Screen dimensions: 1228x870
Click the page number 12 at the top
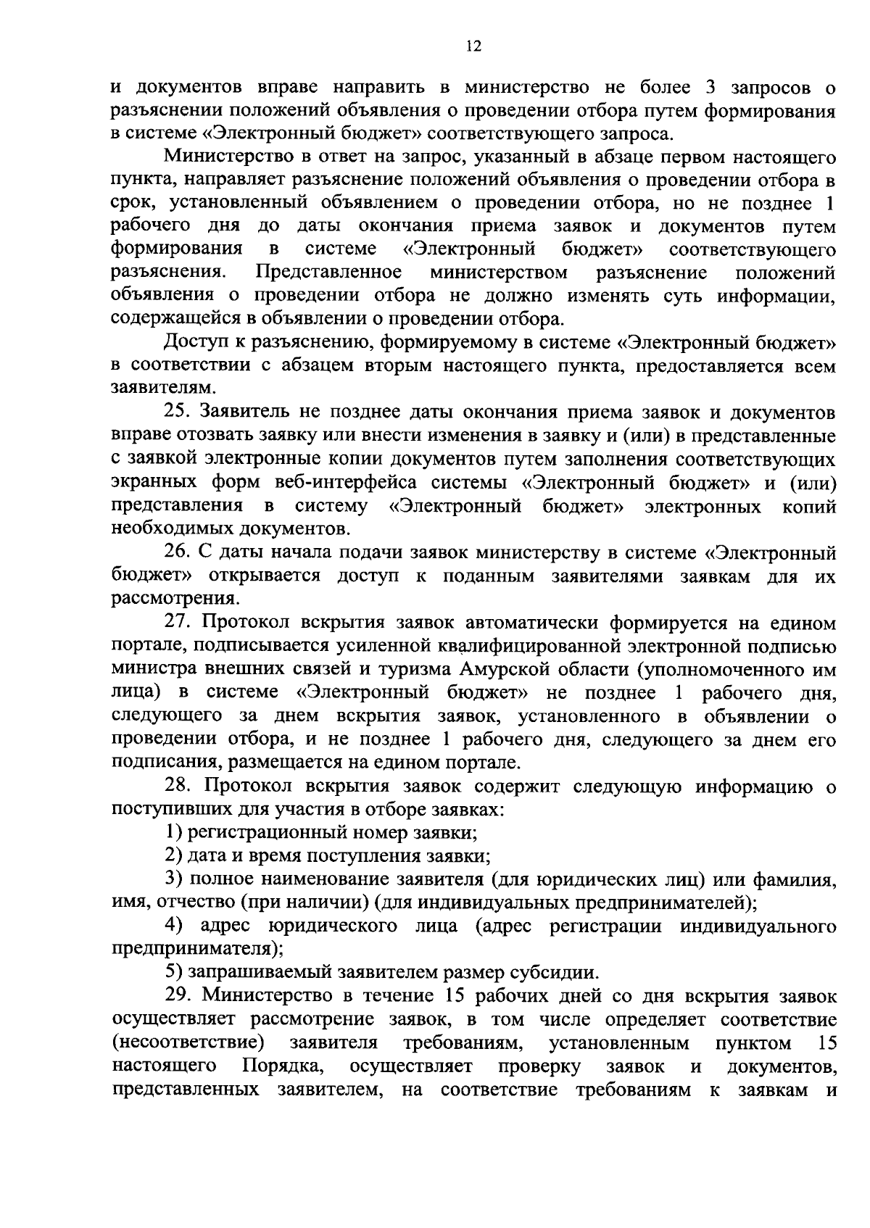[473, 46]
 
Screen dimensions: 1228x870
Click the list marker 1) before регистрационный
[173, 833]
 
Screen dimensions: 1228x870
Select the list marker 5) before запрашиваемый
[173, 972]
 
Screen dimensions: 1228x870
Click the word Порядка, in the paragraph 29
[282, 1066]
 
